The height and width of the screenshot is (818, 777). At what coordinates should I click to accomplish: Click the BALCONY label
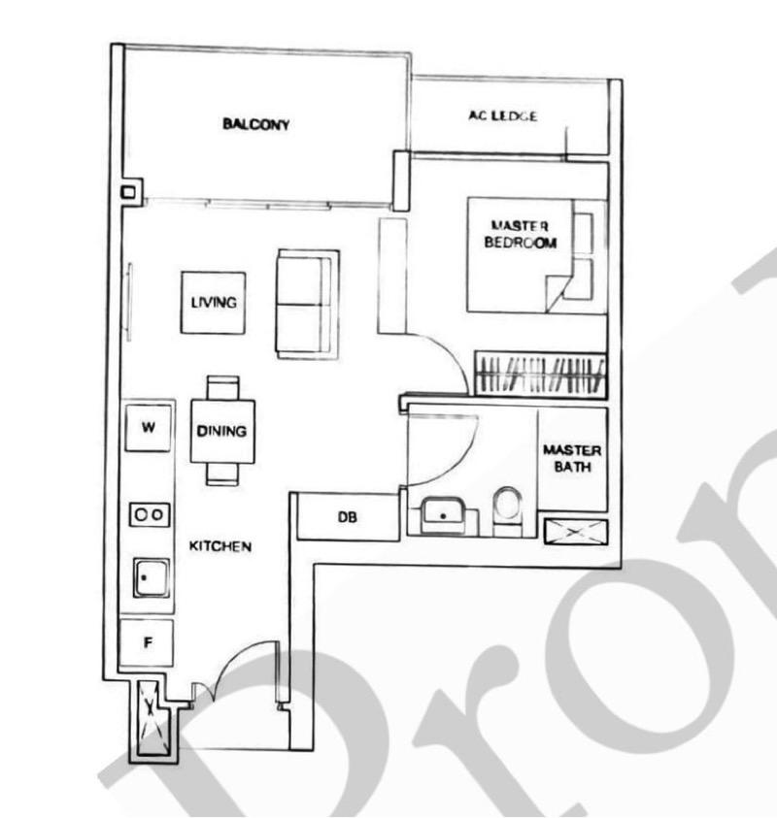pyautogui.click(x=256, y=124)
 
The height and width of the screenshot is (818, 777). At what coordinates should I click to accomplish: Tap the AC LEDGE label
pyautogui.click(x=502, y=116)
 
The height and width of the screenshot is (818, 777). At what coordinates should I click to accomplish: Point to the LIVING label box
pyautogui.click(x=213, y=302)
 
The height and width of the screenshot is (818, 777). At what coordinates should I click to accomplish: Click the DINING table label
pyautogui.click(x=221, y=431)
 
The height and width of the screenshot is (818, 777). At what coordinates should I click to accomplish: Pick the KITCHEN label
pyautogui.click(x=220, y=546)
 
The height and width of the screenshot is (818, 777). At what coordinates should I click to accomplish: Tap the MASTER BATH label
pyautogui.click(x=572, y=459)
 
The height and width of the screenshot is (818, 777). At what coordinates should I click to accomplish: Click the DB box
pyautogui.click(x=347, y=517)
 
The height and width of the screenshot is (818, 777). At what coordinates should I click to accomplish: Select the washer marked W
pyautogui.click(x=149, y=426)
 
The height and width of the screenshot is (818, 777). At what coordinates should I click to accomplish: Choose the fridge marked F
pyautogui.click(x=147, y=642)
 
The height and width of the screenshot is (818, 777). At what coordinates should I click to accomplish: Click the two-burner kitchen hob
pyautogui.click(x=149, y=514)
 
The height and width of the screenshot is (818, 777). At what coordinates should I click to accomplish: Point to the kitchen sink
pyautogui.click(x=151, y=578)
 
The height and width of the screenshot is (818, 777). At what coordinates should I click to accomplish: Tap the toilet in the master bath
pyautogui.click(x=507, y=508)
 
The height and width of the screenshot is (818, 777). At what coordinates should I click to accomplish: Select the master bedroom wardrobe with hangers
pyautogui.click(x=540, y=374)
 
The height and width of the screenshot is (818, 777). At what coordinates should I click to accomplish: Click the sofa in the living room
pyautogui.click(x=307, y=303)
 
